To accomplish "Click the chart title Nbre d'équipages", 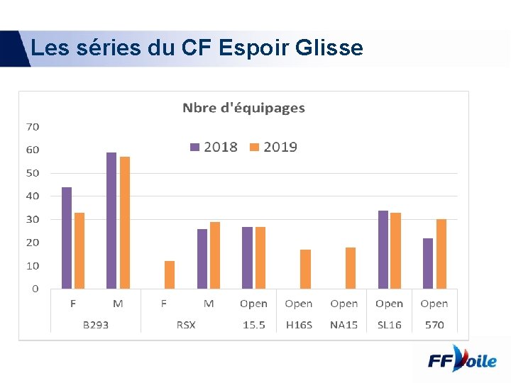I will (243, 108).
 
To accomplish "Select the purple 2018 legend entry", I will (214, 147).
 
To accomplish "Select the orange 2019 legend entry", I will (273, 147).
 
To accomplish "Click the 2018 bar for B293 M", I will (111, 221).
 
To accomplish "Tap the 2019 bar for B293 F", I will (79, 250).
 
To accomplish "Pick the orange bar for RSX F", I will (170, 274).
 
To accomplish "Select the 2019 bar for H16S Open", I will (305, 269).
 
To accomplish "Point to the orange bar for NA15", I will (351, 268).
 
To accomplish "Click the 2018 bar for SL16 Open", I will (383, 250).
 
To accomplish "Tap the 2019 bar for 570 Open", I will (441, 254).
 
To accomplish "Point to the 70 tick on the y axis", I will (33, 127).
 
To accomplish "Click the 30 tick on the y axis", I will (33, 220).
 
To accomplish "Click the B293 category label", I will (95, 325).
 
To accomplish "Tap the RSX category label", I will (186, 325).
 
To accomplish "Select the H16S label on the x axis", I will (298, 325).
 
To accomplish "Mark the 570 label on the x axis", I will (434, 325).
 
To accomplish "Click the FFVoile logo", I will (462, 360).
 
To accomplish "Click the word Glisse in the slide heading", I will (329, 48).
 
